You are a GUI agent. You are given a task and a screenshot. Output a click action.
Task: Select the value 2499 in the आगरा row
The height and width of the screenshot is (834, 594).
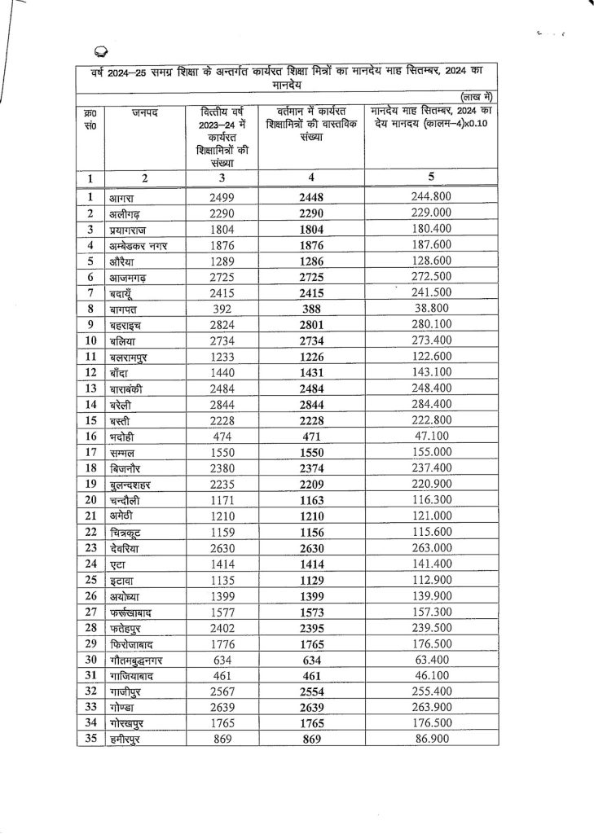click(x=222, y=198)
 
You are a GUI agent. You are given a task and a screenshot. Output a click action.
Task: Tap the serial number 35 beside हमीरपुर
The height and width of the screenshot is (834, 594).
click(x=91, y=740)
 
